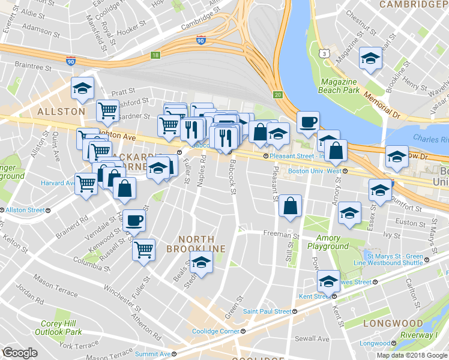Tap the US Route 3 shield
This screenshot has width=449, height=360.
point(325,54)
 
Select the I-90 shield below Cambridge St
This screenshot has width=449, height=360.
point(200,40)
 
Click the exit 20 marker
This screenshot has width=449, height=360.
point(277,95)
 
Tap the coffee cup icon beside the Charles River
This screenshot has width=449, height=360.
point(308,122)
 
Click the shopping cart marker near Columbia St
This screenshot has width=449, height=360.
point(143,249)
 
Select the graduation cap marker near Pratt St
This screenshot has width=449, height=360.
point(83,89)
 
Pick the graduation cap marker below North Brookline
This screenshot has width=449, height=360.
point(201,262)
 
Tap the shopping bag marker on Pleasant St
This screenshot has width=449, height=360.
point(290,206)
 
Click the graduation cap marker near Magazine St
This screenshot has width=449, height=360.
point(370,59)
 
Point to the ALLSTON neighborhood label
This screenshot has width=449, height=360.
point(61,112)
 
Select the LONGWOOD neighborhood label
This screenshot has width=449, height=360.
point(393,323)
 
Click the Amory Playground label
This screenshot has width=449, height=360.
point(328,242)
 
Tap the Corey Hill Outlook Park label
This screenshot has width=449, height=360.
point(58,327)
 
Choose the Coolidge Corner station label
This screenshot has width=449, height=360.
point(215,331)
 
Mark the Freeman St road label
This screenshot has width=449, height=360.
point(280,233)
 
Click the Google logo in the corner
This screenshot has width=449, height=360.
point(20,353)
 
